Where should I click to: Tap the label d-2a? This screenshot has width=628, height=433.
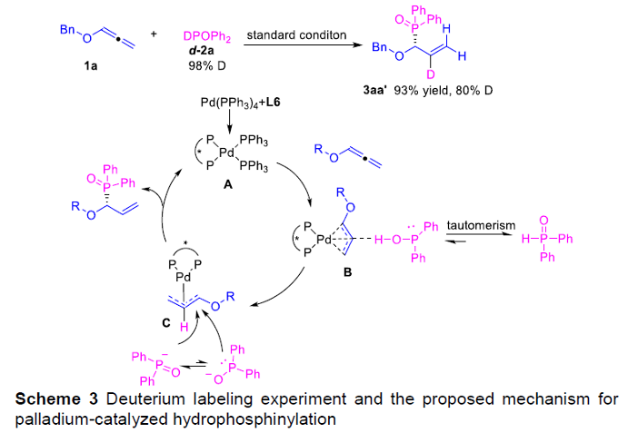[x=204, y=49]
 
